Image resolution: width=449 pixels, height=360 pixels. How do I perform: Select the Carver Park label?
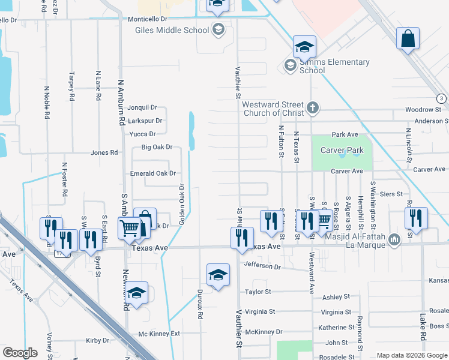[342, 149]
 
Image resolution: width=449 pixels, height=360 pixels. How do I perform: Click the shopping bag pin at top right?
[408, 39]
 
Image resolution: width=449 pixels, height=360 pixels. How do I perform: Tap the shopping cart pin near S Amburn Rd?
[130, 228]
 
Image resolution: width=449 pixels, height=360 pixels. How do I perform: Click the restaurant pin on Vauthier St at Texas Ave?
[242, 238]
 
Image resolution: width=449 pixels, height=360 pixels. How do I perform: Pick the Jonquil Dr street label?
[142, 108]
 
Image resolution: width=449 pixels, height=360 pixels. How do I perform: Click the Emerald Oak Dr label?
[153, 173]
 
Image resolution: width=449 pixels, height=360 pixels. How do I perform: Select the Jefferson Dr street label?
[262, 265]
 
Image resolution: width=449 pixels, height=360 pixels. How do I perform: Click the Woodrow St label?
[423, 110]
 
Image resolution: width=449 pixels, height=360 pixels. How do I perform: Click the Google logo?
[20, 352]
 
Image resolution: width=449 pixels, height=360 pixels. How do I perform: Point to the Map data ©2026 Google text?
[411, 355]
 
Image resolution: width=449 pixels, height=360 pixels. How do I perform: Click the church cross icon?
[312, 109]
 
